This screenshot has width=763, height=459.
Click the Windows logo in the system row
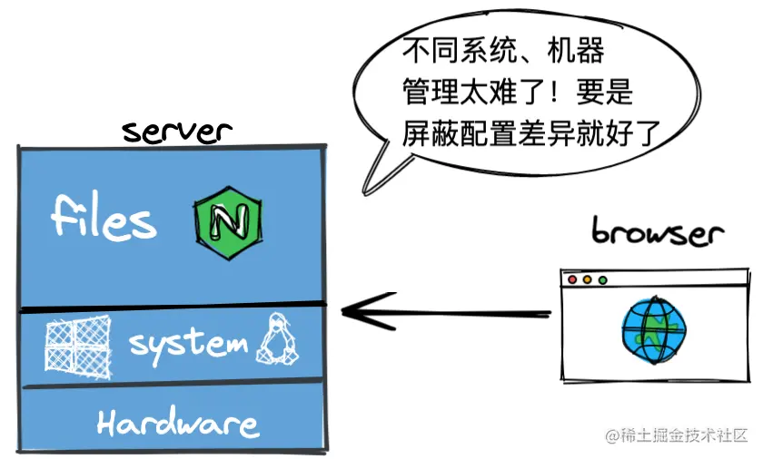pos(78,346)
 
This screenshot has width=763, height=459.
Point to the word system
pos(188,345)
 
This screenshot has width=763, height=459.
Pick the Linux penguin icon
pos(279,343)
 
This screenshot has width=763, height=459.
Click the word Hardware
pos(178,424)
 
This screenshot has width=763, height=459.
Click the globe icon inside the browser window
pos(653,329)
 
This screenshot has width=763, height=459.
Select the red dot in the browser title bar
pos(573,280)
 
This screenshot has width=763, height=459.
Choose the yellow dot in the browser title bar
pos(587,280)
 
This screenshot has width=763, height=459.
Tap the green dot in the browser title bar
pos(600,280)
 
